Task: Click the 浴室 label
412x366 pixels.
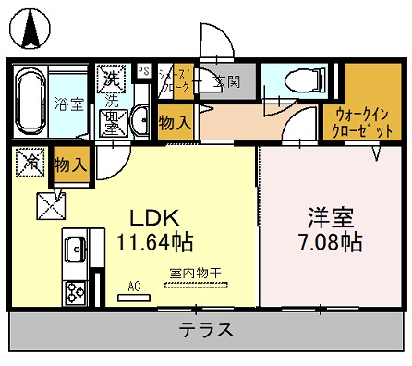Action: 69,104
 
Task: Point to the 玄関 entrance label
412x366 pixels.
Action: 228,81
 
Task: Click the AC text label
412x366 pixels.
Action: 133,287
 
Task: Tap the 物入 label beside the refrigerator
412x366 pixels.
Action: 70,166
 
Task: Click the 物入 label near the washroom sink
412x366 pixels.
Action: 175,122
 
